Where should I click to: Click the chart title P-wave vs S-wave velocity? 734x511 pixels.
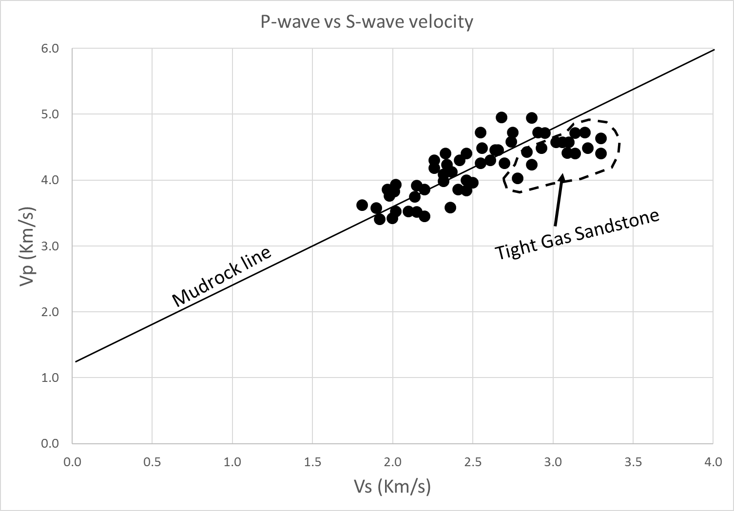pos(367,22)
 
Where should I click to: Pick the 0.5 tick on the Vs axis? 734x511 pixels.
pos(152,461)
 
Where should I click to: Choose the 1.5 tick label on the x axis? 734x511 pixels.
pos(312,461)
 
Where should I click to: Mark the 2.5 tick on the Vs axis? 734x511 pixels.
pos(473,461)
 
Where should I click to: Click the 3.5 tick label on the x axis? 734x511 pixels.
pos(633,461)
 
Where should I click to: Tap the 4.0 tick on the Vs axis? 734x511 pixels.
pos(713,461)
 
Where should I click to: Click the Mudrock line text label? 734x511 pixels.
pos(222,278)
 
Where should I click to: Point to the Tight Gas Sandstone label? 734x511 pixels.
pos(577,235)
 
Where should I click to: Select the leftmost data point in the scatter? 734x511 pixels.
pos(362,205)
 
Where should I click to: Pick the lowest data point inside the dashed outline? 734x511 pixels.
pos(518,178)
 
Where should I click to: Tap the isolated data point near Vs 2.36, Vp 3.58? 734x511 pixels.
pos(450,208)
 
